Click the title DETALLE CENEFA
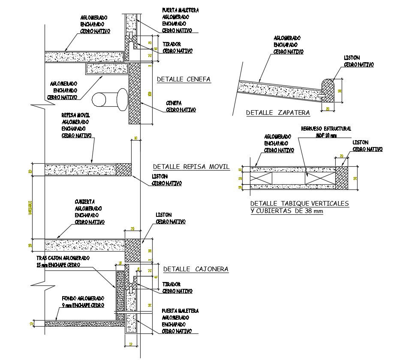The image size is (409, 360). point(183,79)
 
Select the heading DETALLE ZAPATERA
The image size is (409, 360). point(278,113)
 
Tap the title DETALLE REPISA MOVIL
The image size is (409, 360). point(191,167)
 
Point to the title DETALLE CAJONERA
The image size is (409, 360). point(195,269)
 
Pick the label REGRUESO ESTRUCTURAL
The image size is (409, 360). point(326,129)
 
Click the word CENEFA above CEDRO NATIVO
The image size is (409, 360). point(174,103)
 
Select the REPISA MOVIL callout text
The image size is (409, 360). point(75,115)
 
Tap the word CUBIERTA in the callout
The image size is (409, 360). point(84,201)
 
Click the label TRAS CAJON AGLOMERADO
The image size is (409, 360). point(63,258)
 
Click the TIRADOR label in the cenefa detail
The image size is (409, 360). point(171,44)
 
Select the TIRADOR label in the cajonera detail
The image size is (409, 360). point(171,284)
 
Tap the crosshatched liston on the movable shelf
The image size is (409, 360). point(124,169)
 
